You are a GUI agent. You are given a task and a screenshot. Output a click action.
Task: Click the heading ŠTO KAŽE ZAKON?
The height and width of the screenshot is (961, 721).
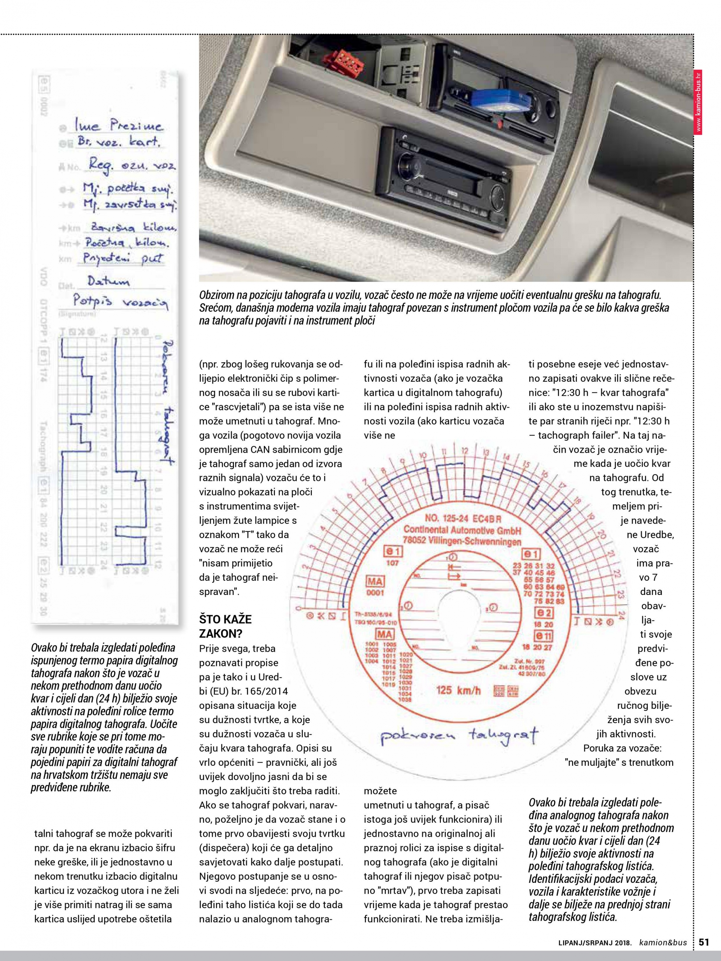click(225, 626)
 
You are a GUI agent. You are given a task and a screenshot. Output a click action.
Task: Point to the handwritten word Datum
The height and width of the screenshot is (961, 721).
click(108, 282)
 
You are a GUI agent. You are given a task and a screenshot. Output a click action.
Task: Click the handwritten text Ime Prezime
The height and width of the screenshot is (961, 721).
click(119, 126)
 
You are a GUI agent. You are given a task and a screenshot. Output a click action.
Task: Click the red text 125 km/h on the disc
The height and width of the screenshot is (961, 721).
click(458, 690)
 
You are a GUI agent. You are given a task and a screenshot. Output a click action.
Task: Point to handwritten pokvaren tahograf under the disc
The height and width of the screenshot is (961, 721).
click(459, 735)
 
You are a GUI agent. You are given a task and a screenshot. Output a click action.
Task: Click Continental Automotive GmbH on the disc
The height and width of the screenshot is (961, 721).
click(462, 530)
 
